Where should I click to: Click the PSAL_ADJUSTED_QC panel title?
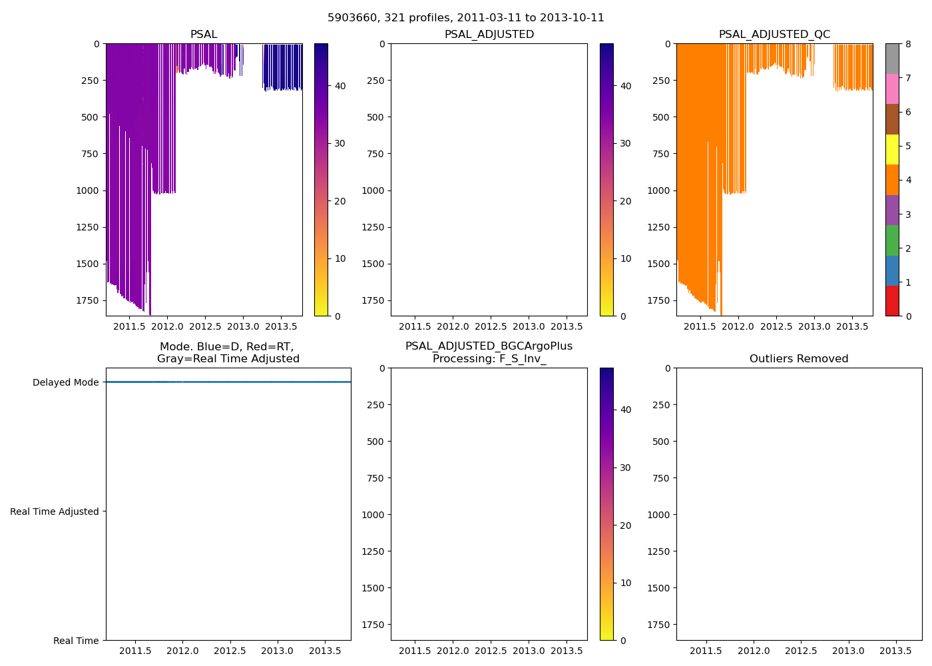tap(774, 35)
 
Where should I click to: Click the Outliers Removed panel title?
tap(799, 359)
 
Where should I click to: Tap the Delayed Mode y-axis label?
tap(65, 382)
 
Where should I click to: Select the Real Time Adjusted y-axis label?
tap(55, 511)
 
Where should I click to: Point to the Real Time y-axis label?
tap(76, 641)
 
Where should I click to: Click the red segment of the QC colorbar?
tap(892, 301)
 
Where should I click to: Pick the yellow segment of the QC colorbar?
tap(892, 150)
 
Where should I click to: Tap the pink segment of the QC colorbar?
tap(892, 89)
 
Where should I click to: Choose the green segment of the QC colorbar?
tap(892, 240)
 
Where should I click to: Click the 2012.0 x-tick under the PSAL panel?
tap(167, 326)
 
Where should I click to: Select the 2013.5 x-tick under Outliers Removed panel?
tap(896, 651)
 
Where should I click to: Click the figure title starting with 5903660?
tap(466, 18)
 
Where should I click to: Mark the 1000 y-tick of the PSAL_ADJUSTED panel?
tap(373, 190)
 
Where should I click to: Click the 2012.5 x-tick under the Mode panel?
tap(230, 651)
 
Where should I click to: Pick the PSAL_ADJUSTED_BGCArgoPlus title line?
tap(489, 346)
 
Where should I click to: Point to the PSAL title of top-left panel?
tap(204, 35)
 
